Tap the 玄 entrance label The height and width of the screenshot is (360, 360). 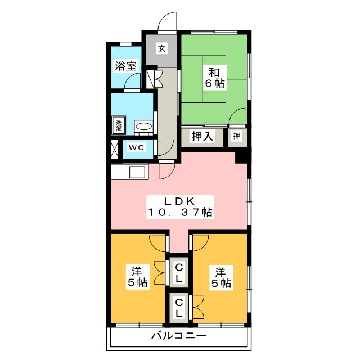[161, 49]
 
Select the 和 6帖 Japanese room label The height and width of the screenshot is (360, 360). [214, 78]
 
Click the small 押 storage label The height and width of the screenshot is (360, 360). [237, 136]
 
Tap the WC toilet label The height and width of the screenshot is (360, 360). [137, 148]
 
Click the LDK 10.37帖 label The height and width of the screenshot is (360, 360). [179, 206]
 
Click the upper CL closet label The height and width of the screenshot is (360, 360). [179, 272]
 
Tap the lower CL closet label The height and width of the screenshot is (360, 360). [179, 309]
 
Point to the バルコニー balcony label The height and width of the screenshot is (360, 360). [179, 337]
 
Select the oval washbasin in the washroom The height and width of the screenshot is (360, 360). [144, 127]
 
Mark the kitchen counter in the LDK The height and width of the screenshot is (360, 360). [129, 172]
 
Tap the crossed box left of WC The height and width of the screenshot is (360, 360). [115, 148]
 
